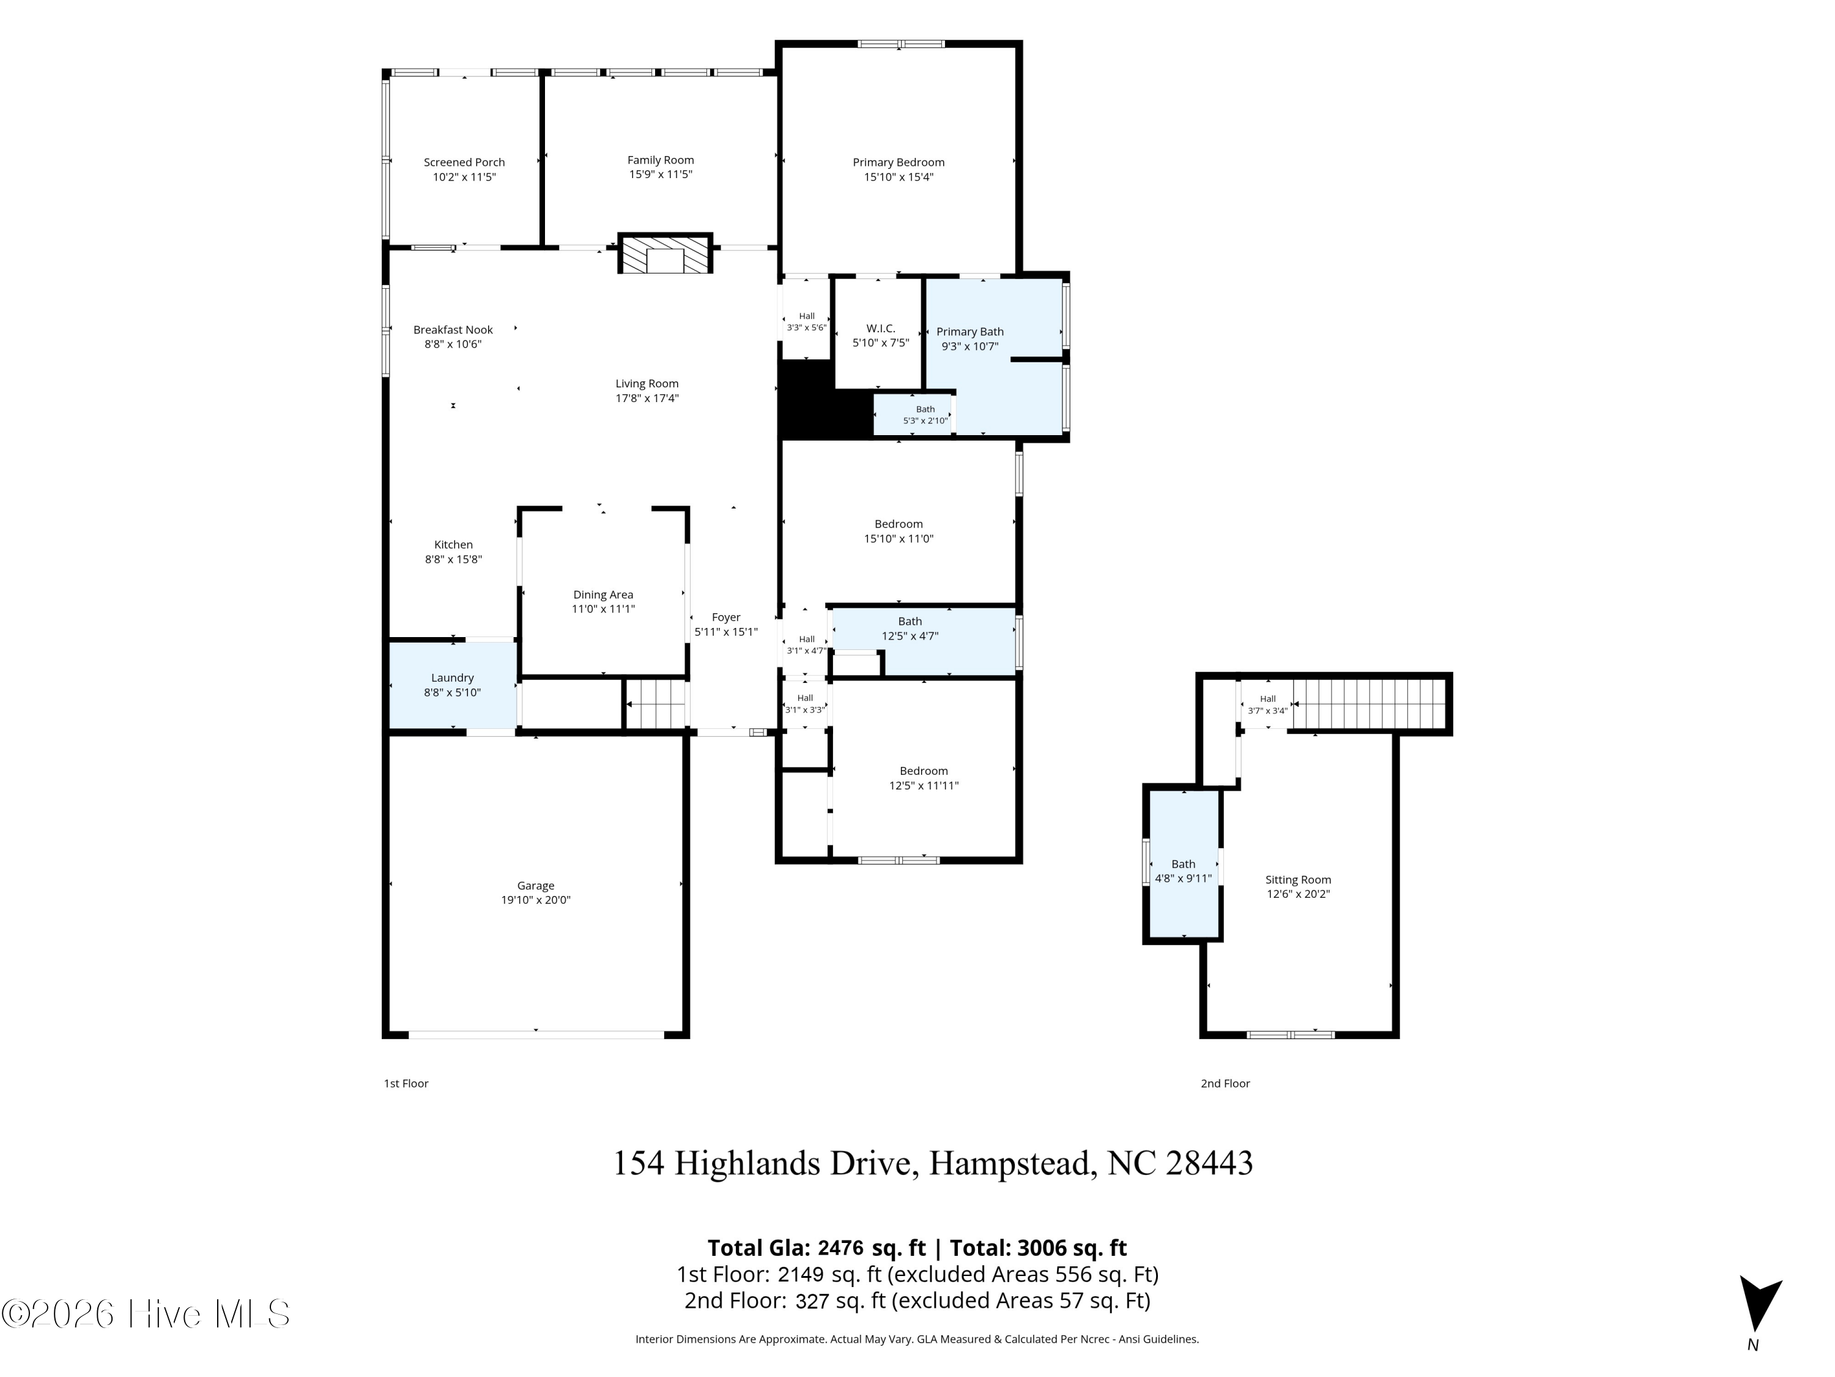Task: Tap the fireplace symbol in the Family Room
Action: [x=665, y=254]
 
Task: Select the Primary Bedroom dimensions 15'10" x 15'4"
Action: [x=899, y=177]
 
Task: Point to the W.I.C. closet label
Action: [x=880, y=329]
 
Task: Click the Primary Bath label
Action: [x=969, y=332]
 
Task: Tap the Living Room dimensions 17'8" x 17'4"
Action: [x=647, y=398]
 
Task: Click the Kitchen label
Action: [x=453, y=545]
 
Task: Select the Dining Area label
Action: [x=603, y=595]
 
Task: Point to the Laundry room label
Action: [x=452, y=678]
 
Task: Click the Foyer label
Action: [x=726, y=618]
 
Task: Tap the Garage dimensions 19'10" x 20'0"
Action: [x=536, y=900]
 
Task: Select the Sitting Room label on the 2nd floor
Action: [x=1299, y=880]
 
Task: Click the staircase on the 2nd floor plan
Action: [x=1369, y=704]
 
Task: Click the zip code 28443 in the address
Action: [x=1209, y=1163]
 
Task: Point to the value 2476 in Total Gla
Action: [x=840, y=1248]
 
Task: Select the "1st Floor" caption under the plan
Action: [x=406, y=1084]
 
